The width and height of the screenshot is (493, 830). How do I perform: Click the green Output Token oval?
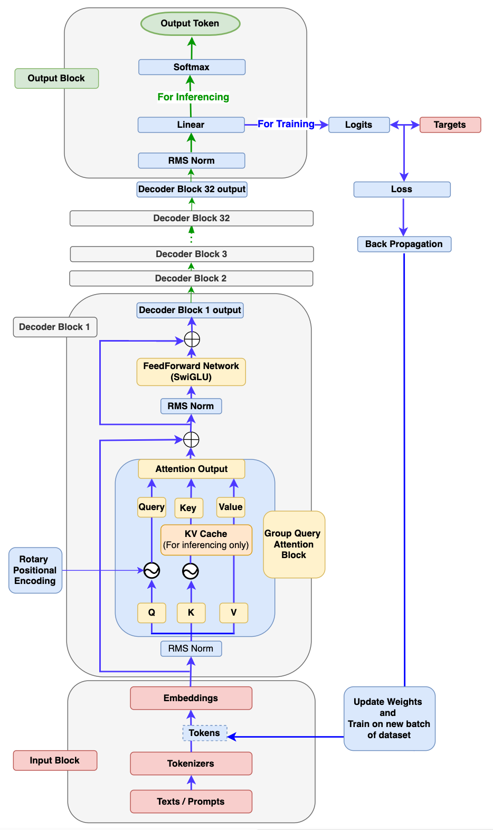click(x=190, y=23)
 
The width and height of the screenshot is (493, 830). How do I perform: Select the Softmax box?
click(x=192, y=67)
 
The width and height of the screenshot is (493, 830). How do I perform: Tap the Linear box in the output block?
click(x=191, y=125)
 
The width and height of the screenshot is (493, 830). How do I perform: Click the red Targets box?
click(x=450, y=125)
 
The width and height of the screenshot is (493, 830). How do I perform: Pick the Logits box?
click(x=359, y=125)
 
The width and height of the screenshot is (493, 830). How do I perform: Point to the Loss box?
click(x=402, y=189)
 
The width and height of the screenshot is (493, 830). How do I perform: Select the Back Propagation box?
click(x=404, y=244)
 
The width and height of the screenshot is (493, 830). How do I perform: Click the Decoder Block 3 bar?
click(x=192, y=254)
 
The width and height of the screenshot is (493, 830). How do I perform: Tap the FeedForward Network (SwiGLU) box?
click(x=191, y=372)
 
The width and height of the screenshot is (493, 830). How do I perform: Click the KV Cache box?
click(x=206, y=540)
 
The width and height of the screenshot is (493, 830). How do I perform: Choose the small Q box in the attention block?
click(x=151, y=612)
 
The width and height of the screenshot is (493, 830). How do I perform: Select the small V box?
click(x=233, y=612)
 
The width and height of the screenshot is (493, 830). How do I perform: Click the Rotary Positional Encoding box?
click(x=35, y=570)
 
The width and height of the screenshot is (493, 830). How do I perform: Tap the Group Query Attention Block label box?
click(x=294, y=544)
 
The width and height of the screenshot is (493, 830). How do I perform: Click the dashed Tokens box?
click(x=204, y=733)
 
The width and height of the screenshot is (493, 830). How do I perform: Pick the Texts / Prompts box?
click(x=191, y=801)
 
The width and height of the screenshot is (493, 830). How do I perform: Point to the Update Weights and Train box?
click(x=389, y=718)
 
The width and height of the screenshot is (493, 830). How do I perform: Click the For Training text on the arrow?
click(x=286, y=124)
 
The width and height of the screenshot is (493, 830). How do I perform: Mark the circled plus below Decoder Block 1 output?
click(x=192, y=339)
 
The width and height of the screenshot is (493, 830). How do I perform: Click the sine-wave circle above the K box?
click(x=191, y=571)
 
